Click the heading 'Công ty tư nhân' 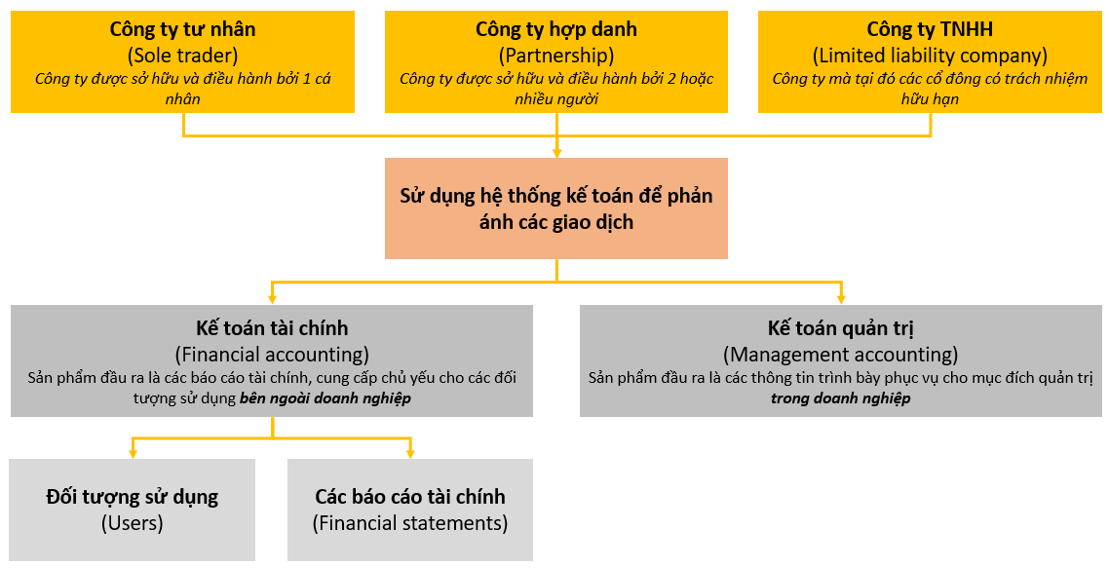182,29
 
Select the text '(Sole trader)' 182,55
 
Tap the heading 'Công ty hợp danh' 555,29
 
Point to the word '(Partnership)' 555,55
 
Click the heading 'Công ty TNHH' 930,29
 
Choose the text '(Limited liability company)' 930,55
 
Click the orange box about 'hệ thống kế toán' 555,208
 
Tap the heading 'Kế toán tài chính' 272,328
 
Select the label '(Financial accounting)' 272,354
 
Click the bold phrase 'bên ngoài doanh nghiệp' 325,398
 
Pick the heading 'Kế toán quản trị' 840,328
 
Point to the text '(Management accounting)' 840,354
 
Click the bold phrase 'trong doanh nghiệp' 840,398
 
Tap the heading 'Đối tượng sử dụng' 133,497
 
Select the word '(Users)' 133,523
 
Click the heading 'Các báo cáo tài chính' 410,497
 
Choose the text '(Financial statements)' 410,523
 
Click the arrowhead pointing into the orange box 556,152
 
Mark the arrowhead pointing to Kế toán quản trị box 840,299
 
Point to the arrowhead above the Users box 133,453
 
